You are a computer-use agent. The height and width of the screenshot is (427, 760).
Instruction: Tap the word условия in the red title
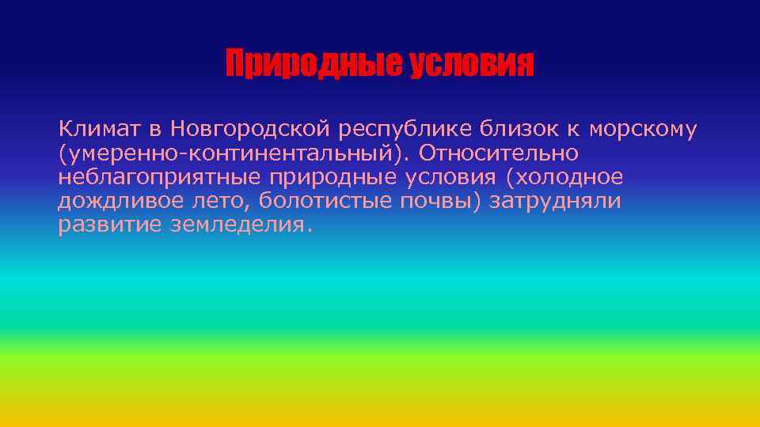pos(472,64)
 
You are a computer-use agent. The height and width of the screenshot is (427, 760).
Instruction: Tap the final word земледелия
pos(241,225)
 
